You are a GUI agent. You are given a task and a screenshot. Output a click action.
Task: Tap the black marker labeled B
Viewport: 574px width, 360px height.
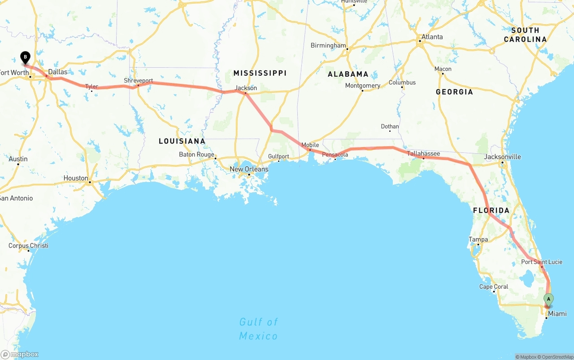tap(26, 57)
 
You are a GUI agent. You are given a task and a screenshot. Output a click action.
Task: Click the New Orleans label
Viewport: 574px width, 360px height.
tap(249, 169)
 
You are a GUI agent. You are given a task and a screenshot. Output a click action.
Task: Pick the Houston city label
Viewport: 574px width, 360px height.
tap(76, 178)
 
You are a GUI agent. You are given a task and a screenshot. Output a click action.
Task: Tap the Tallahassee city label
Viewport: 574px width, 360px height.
tap(423, 153)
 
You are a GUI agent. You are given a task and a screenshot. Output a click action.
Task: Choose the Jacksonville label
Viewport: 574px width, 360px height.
tap(502, 156)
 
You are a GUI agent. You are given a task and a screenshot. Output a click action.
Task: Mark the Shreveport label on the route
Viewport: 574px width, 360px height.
tap(139, 81)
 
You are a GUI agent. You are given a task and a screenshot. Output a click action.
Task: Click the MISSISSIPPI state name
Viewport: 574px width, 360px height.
tap(260, 73)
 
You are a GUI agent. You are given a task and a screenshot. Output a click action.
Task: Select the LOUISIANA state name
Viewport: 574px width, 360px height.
tap(182, 141)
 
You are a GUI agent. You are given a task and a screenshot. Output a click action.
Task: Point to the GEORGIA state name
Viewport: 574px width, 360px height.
tap(454, 92)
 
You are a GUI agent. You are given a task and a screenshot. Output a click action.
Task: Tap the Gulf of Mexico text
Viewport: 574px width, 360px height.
tap(258, 329)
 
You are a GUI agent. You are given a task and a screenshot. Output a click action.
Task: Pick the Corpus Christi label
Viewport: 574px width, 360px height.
tap(28, 246)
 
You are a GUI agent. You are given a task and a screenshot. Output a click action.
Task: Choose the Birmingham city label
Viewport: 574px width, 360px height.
tap(328, 45)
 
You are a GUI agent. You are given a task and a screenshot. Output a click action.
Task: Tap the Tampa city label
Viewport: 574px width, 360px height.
tap(478, 239)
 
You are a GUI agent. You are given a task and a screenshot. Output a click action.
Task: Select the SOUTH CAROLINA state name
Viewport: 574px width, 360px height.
tap(525, 35)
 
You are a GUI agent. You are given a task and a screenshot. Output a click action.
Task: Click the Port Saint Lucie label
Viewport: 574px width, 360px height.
tap(541, 262)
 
